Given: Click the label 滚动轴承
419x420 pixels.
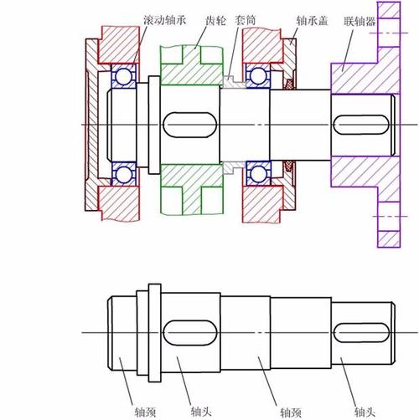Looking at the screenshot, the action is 165,20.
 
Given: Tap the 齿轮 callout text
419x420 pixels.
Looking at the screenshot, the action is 215,20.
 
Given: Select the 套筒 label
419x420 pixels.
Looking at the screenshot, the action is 246,20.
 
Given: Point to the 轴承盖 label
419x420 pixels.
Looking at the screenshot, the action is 312,21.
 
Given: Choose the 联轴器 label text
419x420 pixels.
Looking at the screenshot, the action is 360,21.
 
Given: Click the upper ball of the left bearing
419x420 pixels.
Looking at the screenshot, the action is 123,76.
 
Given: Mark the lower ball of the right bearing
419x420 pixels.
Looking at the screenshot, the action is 258,173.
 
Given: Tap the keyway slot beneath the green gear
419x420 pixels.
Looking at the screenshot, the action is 190,125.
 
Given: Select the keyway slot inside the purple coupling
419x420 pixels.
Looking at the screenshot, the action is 361,125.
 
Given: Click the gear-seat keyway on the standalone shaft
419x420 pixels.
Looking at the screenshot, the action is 190,333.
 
